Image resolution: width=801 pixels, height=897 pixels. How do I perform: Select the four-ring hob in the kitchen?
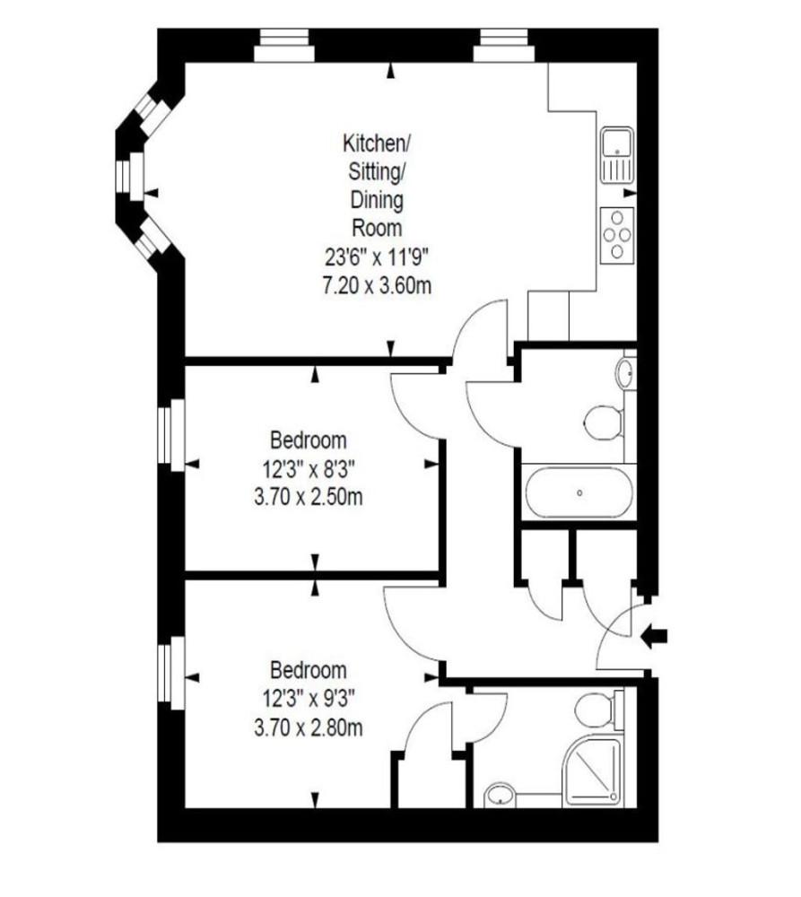tap(617, 234)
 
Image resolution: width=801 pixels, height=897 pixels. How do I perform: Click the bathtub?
tap(579, 492)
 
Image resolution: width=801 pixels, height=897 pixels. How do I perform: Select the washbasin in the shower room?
tap(501, 795)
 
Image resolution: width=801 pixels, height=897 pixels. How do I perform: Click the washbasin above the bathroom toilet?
tap(626, 373)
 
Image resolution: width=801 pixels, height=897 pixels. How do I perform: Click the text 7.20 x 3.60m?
tap(377, 284)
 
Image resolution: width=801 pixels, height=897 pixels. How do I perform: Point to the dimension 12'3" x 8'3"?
tap(309, 469)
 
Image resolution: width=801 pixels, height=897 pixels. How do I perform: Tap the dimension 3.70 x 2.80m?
tap(309, 727)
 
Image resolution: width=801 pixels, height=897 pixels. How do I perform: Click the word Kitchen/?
tap(377, 144)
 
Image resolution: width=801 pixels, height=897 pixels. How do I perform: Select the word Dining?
tap(377, 200)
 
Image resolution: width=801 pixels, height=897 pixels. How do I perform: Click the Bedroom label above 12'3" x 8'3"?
tap(309, 441)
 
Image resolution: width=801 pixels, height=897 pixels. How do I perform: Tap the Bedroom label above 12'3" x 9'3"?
tap(309, 670)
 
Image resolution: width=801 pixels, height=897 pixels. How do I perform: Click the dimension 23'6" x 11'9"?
tap(377, 257)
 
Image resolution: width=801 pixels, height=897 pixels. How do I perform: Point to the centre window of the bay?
tap(129, 176)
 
